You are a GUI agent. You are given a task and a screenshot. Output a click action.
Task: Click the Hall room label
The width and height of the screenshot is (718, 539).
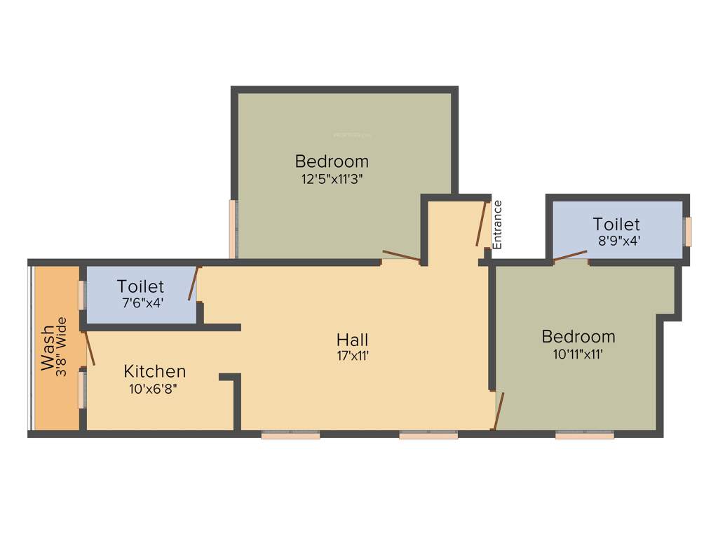[x=352, y=340]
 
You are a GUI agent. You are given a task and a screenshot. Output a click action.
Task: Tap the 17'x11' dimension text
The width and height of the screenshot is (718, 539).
[x=353, y=356]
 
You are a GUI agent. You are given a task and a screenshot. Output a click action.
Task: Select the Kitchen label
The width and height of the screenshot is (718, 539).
[x=155, y=371]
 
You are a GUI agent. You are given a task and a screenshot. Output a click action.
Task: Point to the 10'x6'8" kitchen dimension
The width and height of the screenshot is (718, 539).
[x=153, y=388]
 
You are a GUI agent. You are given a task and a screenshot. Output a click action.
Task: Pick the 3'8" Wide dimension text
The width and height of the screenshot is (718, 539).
[x=62, y=347]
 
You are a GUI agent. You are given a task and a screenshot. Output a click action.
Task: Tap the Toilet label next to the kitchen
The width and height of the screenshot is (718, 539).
[x=140, y=286]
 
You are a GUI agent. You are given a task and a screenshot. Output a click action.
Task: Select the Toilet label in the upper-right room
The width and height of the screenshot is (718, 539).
[x=616, y=225]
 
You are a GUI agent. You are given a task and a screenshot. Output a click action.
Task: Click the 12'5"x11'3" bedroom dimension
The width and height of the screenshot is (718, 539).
[x=332, y=178]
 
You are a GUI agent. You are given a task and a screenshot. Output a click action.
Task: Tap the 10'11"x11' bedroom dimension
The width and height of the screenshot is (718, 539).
[x=578, y=354]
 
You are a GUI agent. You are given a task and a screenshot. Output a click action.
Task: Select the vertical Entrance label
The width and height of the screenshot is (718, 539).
[x=498, y=225]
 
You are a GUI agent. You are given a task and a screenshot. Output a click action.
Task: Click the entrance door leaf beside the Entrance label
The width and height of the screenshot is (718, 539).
[x=482, y=224]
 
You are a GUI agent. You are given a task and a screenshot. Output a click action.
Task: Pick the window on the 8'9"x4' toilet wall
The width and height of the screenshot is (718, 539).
[x=688, y=232]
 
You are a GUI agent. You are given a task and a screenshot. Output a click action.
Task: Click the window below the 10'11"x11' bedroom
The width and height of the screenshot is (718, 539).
[x=584, y=435]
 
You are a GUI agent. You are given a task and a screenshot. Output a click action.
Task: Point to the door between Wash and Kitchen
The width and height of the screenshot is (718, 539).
[x=89, y=349]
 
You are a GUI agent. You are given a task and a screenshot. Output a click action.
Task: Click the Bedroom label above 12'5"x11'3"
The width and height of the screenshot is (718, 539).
[x=332, y=161]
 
